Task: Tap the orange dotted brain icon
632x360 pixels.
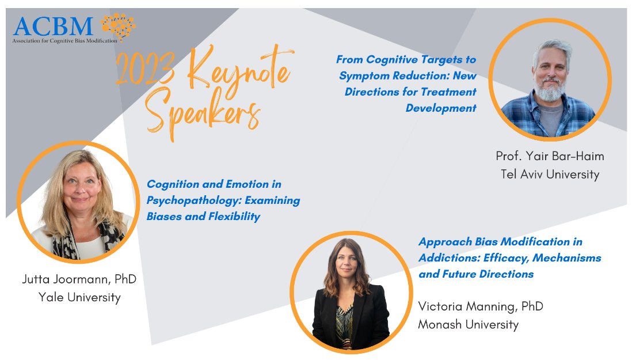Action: (118, 26)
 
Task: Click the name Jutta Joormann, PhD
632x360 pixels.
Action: (79, 279)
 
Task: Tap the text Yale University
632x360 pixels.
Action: (79, 297)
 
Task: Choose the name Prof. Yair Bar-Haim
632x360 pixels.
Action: (550, 156)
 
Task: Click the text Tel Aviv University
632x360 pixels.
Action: (550, 174)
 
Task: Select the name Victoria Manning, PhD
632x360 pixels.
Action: (481, 306)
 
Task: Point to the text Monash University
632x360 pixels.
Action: (469, 324)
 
